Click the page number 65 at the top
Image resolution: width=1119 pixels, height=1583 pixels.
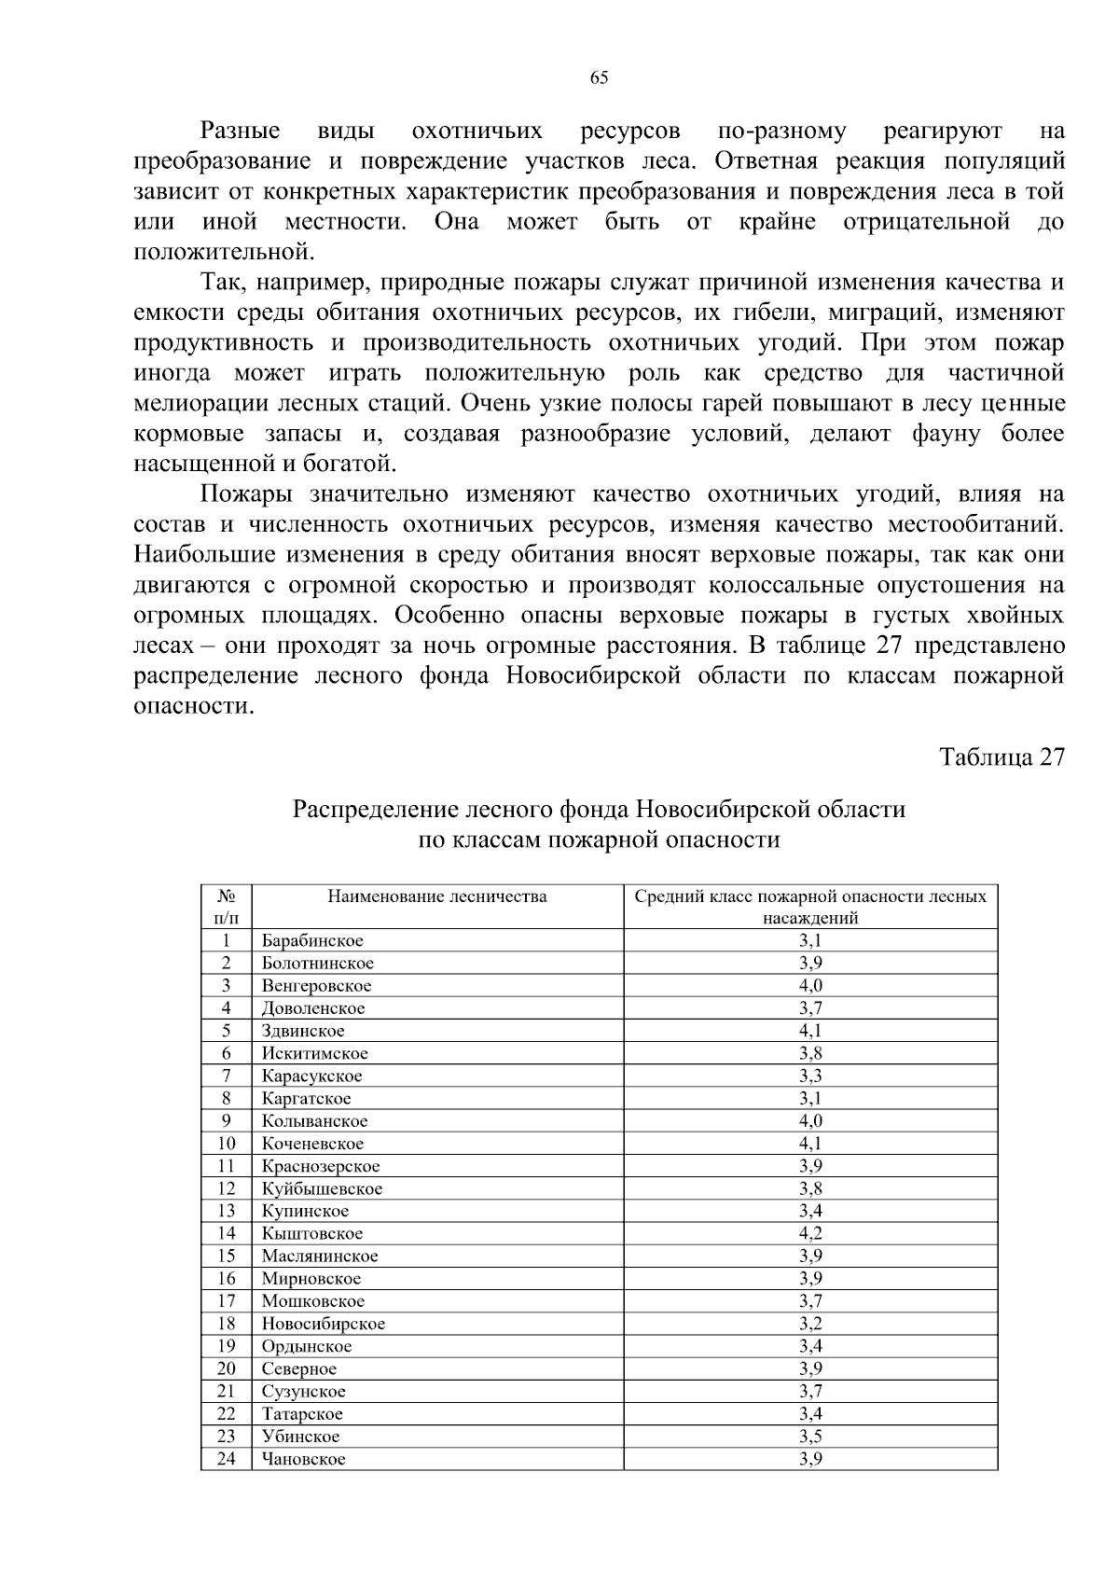(599, 78)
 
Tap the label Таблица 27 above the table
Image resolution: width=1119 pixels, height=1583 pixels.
(1001, 757)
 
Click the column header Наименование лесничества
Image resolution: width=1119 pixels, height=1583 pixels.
(436, 897)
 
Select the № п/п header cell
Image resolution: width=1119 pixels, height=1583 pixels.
(226, 907)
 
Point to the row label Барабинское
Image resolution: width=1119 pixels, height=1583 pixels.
(312, 940)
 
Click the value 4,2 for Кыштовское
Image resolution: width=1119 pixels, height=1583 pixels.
(809, 1233)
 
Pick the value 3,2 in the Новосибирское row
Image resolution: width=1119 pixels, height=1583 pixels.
(809, 1324)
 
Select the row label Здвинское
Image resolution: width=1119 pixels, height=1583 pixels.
(303, 1031)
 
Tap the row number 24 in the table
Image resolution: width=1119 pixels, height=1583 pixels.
(226, 1459)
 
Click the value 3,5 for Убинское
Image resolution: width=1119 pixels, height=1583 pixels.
(809, 1437)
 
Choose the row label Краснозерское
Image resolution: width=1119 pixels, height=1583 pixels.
(321, 1166)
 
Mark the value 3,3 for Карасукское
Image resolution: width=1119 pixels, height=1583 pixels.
(809, 1076)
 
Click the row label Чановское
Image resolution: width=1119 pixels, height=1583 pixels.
(303, 1459)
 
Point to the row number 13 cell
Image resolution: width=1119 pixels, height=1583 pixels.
(226, 1211)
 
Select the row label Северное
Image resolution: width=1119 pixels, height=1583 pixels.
(298, 1368)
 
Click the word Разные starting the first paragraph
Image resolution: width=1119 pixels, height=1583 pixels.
(240, 132)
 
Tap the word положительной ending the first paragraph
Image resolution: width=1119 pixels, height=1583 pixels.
(220, 252)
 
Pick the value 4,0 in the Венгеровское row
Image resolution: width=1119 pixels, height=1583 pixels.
(809, 985)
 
